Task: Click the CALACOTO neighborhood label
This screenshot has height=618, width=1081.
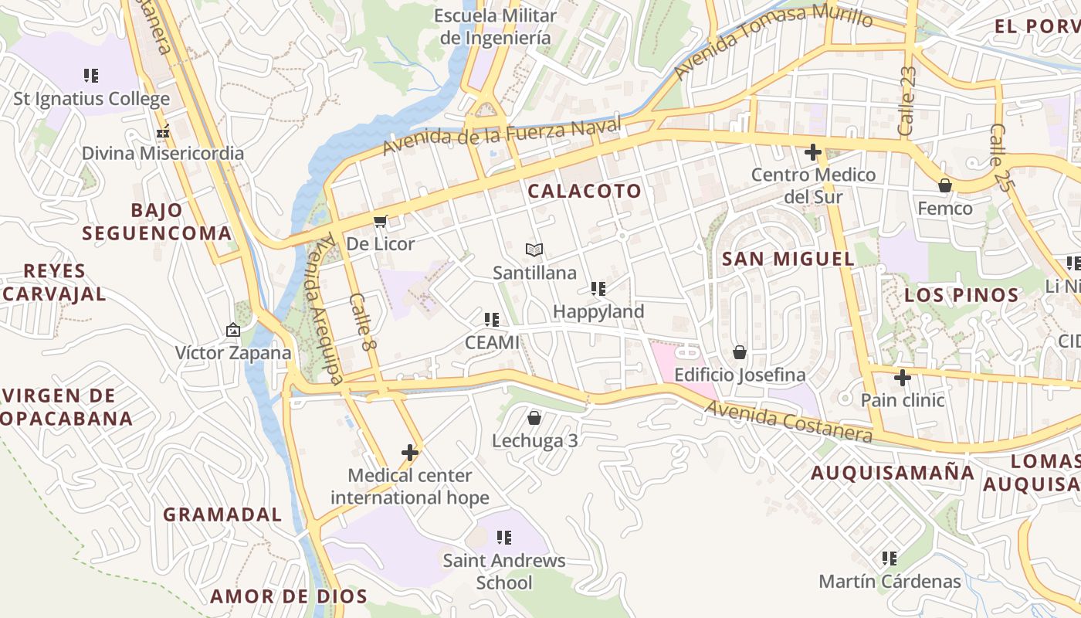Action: point(585,191)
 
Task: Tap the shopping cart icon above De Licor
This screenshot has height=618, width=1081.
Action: point(380,222)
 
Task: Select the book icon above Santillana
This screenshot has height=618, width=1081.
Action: point(534,250)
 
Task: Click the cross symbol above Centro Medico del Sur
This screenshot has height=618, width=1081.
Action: point(813,152)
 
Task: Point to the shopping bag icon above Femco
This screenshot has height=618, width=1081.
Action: point(944,185)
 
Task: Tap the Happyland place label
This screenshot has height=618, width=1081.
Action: point(598,311)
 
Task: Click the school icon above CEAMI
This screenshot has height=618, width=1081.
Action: point(491,319)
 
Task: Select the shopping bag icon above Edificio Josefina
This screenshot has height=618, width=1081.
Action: point(740,352)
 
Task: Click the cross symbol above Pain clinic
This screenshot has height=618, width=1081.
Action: point(902,378)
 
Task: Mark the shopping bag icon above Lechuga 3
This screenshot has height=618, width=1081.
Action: point(534,418)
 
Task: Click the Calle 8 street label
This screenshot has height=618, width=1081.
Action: point(361,321)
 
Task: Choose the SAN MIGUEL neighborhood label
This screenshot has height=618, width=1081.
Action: point(788,259)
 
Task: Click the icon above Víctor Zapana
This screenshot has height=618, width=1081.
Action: point(233,330)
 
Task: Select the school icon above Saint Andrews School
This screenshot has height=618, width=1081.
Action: point(503,538)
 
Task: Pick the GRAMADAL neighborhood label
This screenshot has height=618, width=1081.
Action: point(222,514)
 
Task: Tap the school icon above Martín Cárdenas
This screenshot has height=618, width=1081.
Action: point(890,558)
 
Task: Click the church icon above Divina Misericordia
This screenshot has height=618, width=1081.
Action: point(163,132)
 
